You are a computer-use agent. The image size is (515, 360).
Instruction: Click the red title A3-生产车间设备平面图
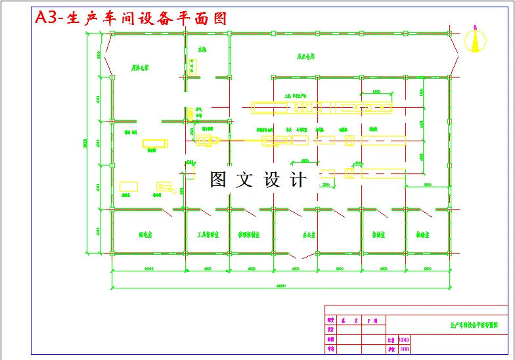131,18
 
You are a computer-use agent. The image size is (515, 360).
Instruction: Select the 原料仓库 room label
140,68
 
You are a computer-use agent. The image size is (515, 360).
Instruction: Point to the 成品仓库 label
307,56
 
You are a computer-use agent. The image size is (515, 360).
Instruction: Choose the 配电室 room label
145,234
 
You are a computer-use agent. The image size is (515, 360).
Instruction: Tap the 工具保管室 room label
208,234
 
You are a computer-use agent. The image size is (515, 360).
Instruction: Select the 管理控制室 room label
250,234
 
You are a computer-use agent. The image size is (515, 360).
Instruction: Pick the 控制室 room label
378,234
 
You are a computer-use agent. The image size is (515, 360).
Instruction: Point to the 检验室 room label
422,234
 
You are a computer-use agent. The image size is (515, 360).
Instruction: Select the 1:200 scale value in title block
403,340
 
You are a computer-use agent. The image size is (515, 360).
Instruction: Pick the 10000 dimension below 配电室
148,269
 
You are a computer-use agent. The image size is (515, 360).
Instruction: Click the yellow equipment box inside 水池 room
192,65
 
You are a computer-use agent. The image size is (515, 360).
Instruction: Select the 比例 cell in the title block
391,340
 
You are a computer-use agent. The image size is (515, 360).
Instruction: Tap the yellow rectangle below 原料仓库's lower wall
154,143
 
